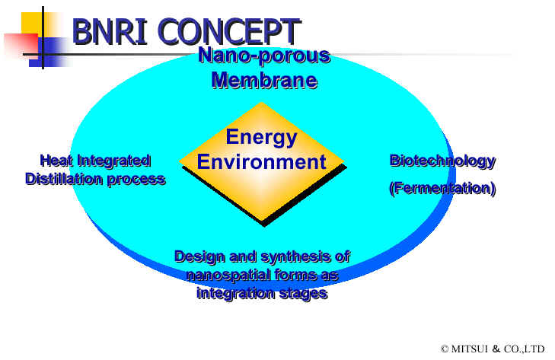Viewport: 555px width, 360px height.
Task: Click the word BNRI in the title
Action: (x=110, y=31)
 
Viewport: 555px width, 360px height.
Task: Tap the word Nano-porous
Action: (x=264, y=56)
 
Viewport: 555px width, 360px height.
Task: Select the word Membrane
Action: (x=264, y=80)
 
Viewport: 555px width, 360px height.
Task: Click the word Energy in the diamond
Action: (x=262, y=138)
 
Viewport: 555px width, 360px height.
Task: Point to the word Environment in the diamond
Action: (x=262, y=162)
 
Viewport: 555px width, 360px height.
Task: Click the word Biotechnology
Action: (x=442, y=161)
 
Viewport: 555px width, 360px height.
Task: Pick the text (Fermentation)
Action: (x=442, y=188)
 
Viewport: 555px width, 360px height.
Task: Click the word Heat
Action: (x=57, y=161)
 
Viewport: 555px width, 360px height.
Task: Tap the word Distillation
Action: (x=65, y=179)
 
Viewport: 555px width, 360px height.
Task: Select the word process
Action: (x=136, y=180)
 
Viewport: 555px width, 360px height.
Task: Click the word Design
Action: (x=199, y=257)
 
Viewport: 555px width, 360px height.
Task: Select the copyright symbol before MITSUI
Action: (x=445, y=349)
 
